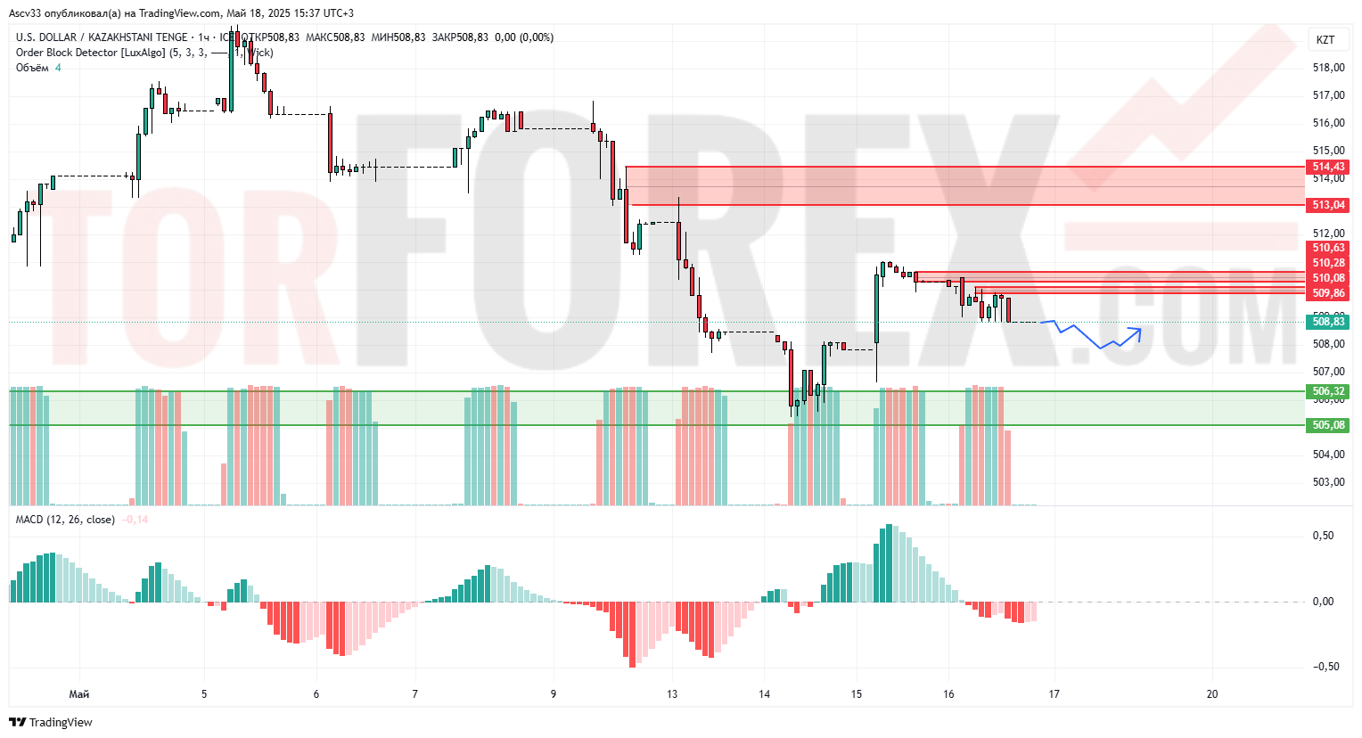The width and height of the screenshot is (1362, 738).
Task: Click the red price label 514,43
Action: [1328, 167]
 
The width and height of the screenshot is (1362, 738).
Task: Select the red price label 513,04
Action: [1328, 205]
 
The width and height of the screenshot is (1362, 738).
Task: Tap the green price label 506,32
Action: [1328, 391]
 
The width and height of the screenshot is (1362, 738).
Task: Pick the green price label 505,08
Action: [1328, 425]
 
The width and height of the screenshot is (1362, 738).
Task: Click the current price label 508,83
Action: [1328, 322]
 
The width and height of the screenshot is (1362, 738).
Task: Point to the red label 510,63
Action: [1328, 248]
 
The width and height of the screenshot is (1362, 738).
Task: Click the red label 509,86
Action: [1328, 293]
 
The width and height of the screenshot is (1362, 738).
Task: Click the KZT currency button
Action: [1325, 39]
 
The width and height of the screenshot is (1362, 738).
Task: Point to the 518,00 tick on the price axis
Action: [1328, 68]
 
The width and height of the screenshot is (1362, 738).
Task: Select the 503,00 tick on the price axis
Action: [1328, 482]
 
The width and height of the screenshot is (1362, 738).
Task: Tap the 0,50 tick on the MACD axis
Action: [1323, 536]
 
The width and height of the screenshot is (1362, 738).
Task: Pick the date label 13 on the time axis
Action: [672, 694]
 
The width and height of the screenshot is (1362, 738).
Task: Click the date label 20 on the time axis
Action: [1211, 694]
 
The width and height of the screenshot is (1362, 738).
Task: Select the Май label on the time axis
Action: [78, 694]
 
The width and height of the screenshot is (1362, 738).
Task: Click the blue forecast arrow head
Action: [1137, 332]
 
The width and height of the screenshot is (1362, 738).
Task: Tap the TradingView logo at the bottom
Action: [52, 722]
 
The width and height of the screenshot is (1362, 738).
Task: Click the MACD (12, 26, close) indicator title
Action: [65, 520]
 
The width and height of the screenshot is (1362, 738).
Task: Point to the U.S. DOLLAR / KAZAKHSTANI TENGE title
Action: [102, 37]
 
